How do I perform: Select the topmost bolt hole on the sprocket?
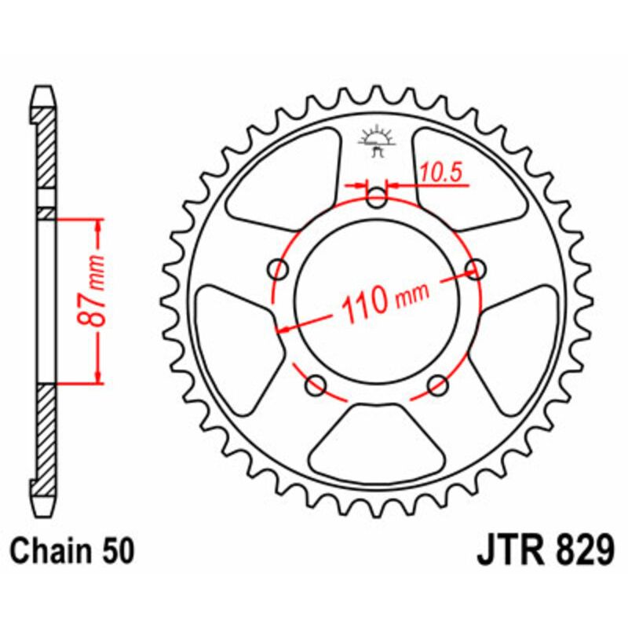tap(378, 199)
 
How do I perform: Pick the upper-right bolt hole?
tap(475, 270)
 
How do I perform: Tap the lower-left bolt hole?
tap(316, 385)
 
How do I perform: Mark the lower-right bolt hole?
tap(438, 385)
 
